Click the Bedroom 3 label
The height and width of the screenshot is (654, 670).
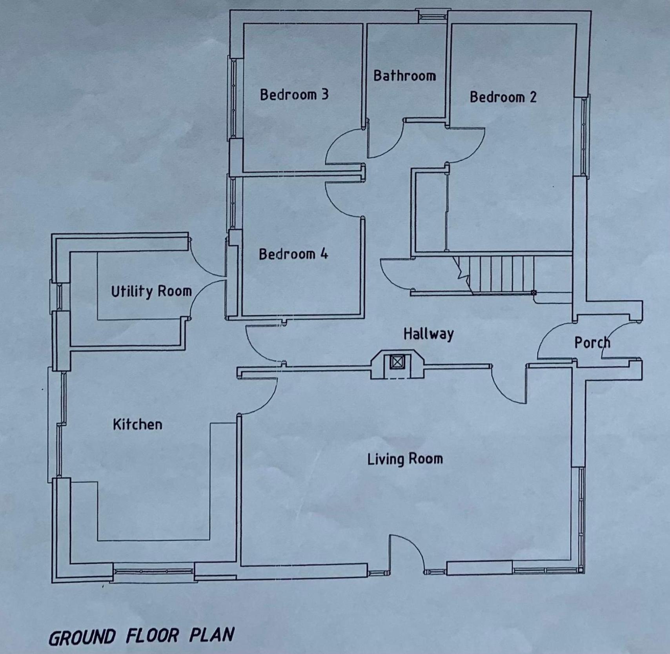294,95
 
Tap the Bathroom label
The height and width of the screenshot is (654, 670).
404,75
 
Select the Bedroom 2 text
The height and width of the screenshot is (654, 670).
503,97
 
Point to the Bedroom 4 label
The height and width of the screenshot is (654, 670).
293,254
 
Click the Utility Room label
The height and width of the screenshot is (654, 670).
151,291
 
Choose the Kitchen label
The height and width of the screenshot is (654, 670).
137,424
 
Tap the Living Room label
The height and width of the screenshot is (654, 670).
405,459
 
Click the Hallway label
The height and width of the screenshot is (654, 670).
428,334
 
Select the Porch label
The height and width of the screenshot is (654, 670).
592,342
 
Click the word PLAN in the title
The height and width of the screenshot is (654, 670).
212,635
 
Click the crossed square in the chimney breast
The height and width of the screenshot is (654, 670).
397,362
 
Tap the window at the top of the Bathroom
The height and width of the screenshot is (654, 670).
432,17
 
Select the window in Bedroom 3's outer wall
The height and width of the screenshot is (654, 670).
234,98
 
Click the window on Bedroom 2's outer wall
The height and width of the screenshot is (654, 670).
583,136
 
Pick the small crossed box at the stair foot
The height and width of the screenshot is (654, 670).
533,293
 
